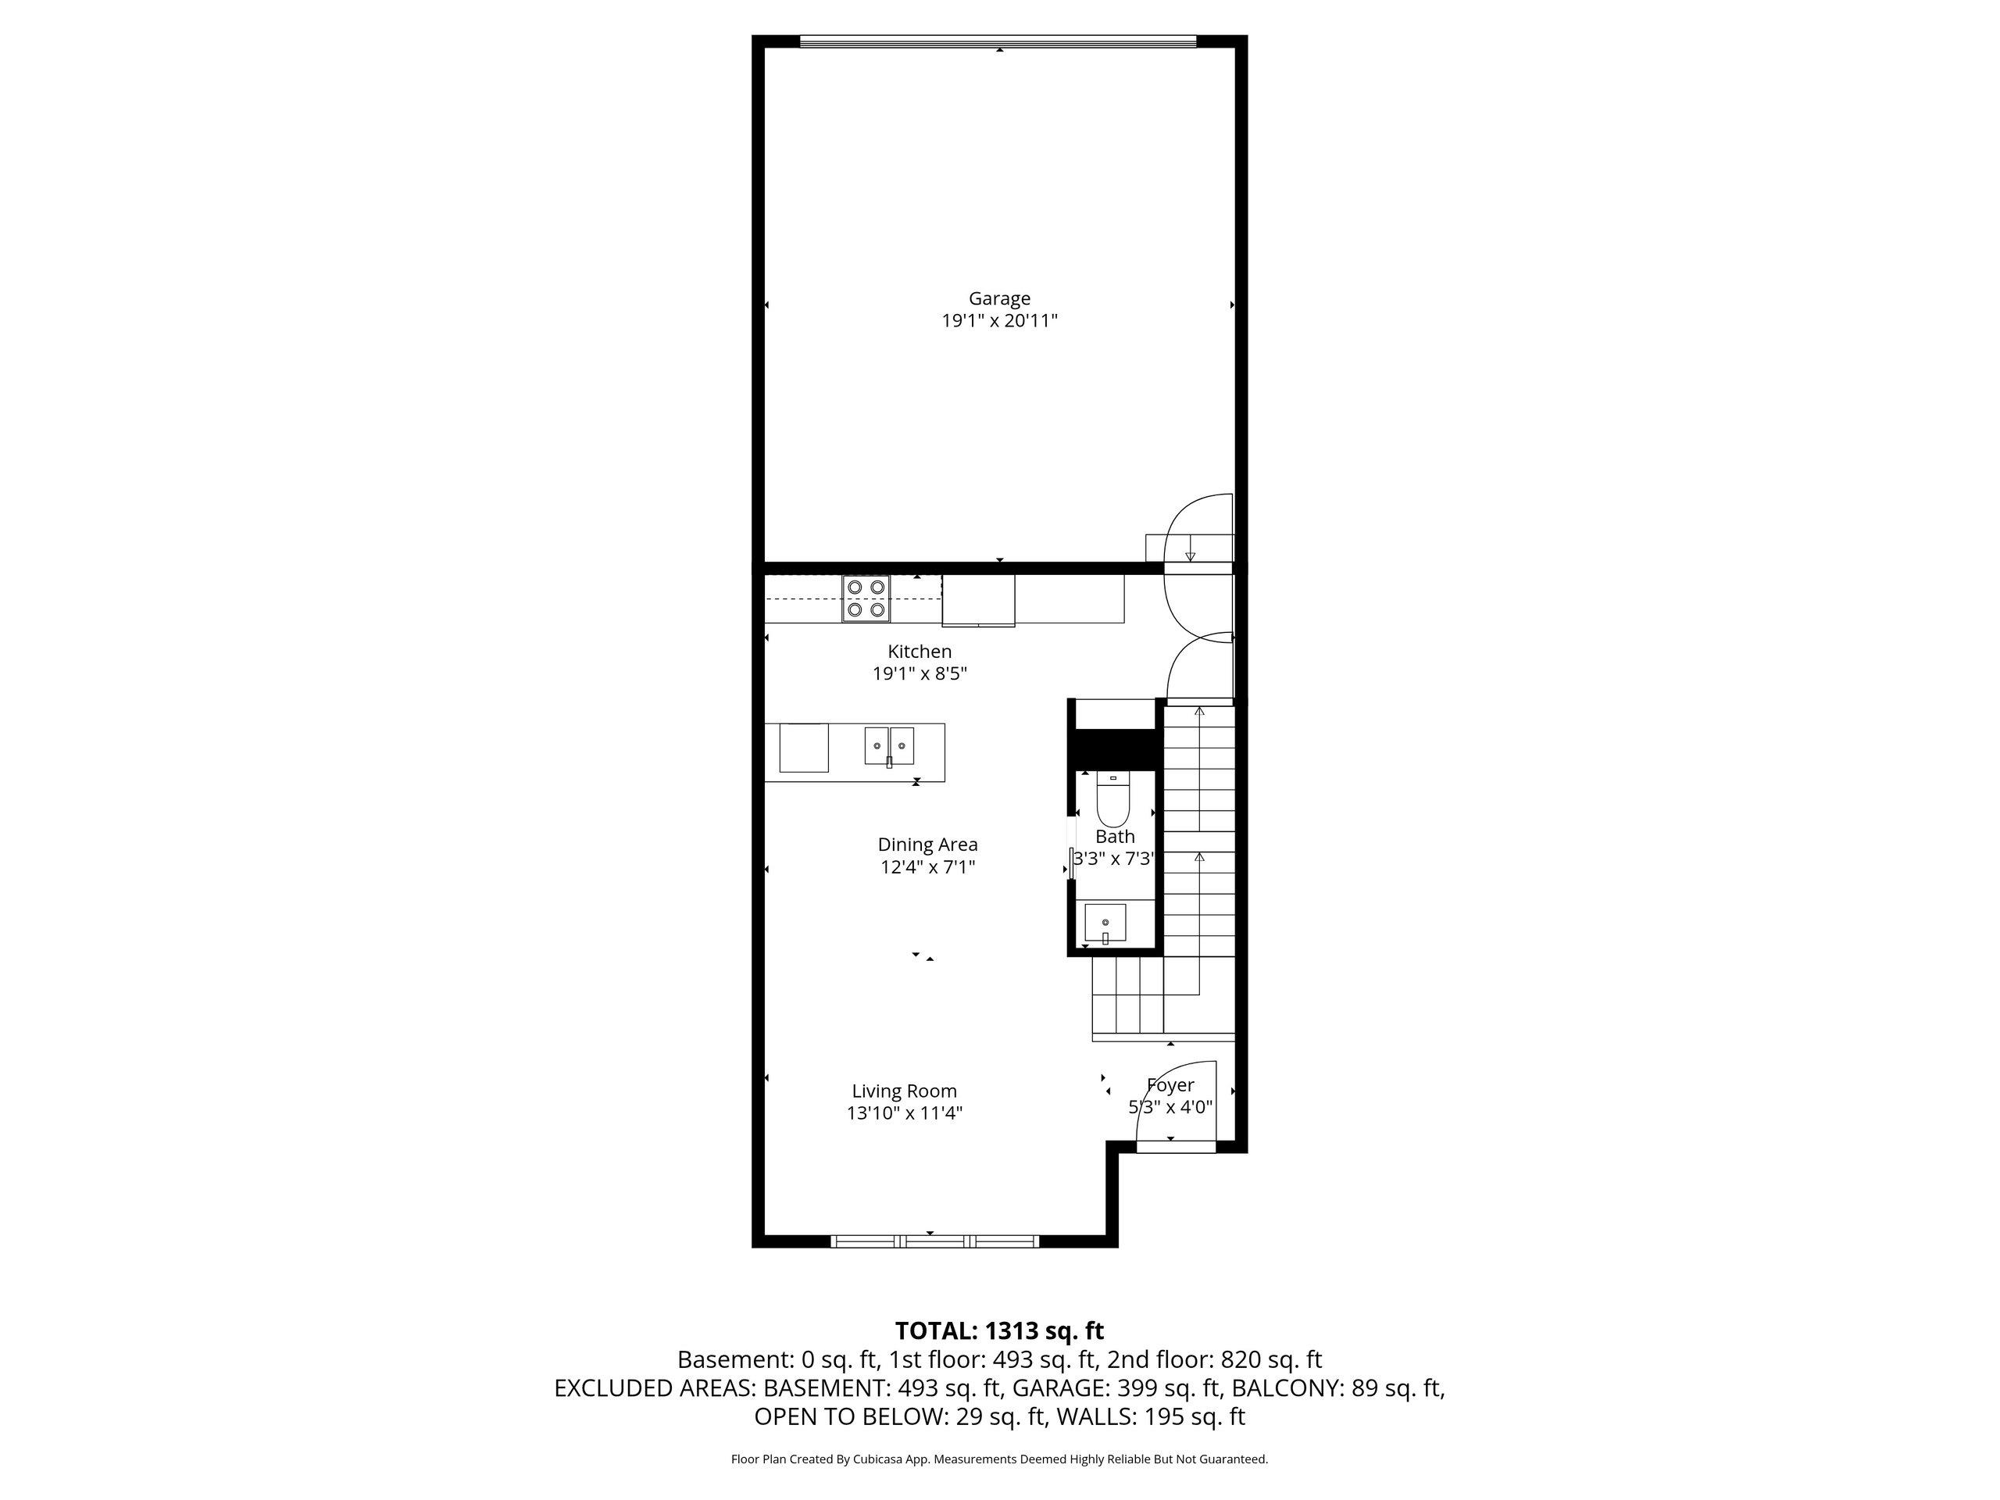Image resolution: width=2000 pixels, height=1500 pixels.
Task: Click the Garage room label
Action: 999,298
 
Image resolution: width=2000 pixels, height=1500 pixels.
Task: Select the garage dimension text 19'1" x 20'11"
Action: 999,321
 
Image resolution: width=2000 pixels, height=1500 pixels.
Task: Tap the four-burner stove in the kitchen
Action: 866,598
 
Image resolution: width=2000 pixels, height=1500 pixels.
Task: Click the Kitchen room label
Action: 920,651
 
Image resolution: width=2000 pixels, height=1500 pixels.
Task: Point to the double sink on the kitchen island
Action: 890,746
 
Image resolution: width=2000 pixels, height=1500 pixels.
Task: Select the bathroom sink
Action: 1105,922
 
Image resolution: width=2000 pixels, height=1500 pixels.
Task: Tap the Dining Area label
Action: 927,845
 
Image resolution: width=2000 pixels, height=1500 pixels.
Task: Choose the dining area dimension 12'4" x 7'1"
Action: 927,867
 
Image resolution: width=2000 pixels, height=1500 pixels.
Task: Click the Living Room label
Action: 904,1091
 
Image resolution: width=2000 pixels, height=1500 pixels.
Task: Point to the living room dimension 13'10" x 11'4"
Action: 904,1113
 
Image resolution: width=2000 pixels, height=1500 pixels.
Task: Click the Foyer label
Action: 1170,1085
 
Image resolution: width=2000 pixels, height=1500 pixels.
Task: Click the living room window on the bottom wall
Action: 935,1241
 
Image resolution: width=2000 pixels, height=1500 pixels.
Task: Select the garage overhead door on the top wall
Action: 998,41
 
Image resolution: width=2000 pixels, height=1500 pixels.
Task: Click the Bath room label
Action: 1115,837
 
